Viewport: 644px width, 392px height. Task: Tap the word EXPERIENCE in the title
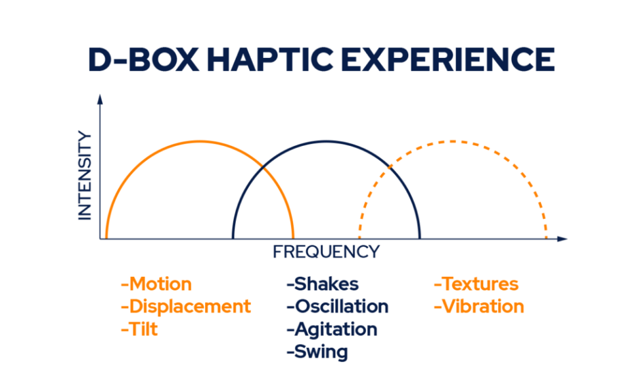tap(448, 60)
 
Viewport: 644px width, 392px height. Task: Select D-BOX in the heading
tap(144, 60)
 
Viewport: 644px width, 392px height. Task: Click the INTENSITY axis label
tap(85, 176)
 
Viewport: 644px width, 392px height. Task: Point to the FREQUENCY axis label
tap(327, 251)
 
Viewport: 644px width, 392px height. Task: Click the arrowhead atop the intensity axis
tap(100, 99)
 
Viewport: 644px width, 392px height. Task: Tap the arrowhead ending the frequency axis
tap(563, 239)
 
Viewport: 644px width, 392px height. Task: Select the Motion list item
tap(156, 284)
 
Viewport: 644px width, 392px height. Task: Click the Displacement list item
tap(186, 306)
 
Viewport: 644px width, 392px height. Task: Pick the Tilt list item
tap(139, 329)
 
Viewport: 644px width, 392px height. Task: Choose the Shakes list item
tap(323, 284)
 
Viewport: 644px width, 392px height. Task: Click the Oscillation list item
tap(338, 306)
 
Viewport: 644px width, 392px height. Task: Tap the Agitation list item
tap(332, 330)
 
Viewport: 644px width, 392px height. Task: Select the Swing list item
tap(317, 352)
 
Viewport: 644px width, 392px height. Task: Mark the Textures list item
tap(476, 284)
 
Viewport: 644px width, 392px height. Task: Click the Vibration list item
tap(479, 306)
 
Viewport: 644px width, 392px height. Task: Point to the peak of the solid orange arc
tap(200, 141)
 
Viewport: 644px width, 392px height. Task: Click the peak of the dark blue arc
tap(327, 141)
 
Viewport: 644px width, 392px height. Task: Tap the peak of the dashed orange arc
tap(453, 141)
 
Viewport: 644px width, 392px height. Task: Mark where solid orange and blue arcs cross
tap(264, 168)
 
